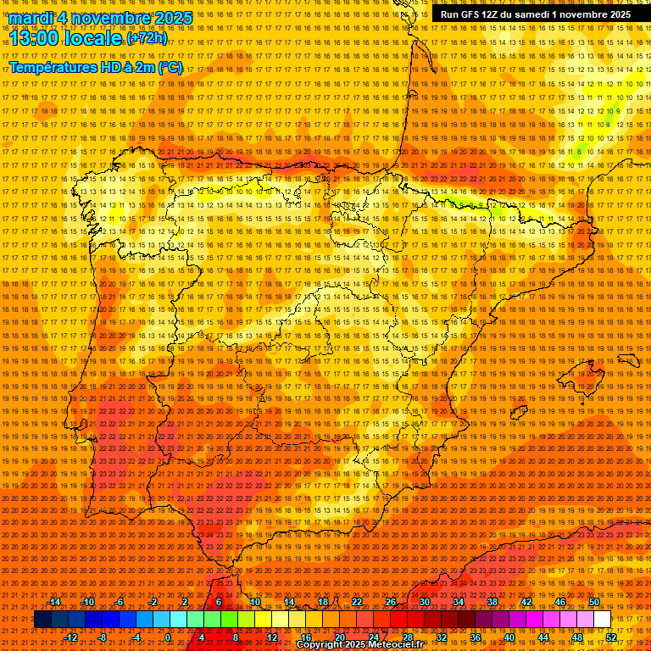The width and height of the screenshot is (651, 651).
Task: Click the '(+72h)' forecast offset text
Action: point(147,38)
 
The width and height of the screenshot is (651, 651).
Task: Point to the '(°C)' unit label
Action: point(170,67)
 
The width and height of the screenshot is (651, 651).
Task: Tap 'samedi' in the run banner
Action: point(537,14)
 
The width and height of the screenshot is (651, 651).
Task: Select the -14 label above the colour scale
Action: point(54,602)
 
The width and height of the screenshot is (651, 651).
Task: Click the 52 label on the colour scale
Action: point(612,637)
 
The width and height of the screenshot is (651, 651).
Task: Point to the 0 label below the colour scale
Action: point(168,637)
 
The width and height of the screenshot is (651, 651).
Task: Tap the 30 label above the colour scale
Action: point(424,602)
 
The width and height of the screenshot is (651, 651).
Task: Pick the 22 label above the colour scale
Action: point(356,602)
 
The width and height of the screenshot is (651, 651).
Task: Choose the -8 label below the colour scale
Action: point(102,637)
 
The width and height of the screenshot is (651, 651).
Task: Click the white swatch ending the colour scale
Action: point(603,620)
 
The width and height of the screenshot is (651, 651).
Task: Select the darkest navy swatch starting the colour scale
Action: point(42,620)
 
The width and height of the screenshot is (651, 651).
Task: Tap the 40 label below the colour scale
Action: point(509,637)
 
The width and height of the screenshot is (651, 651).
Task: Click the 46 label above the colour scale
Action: point(560,602)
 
